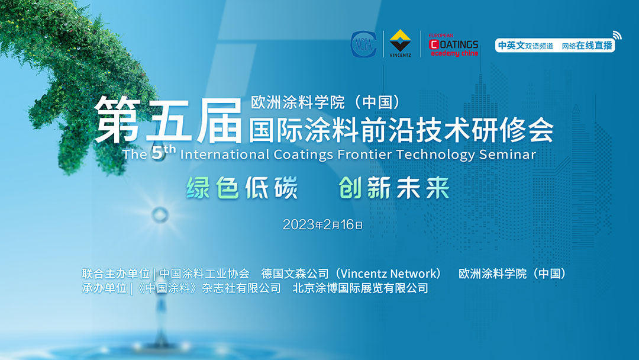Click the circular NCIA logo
click(x=363, y=44)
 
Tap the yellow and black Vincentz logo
click(x=400, y=43)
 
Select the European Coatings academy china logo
click(x=454, y=45)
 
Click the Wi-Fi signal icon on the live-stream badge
click(x=617, y=35)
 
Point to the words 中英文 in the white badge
click(x=511, y=45)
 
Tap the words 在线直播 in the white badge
click(x=594, y=45)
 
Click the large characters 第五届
click(x=168, y=121)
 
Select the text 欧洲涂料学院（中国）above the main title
click(x=325, y=102)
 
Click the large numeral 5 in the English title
click(x=157, y=153)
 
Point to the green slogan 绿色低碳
click(x=242, y=188)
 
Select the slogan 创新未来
click(x=394, y=188)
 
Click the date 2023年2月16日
click(x=323, y=224)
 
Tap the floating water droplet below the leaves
click(x=160, y=214)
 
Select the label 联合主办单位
click(x=116, y=273)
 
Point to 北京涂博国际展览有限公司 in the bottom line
click(x=360, y=288)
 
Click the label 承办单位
click(x=104, y=288)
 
